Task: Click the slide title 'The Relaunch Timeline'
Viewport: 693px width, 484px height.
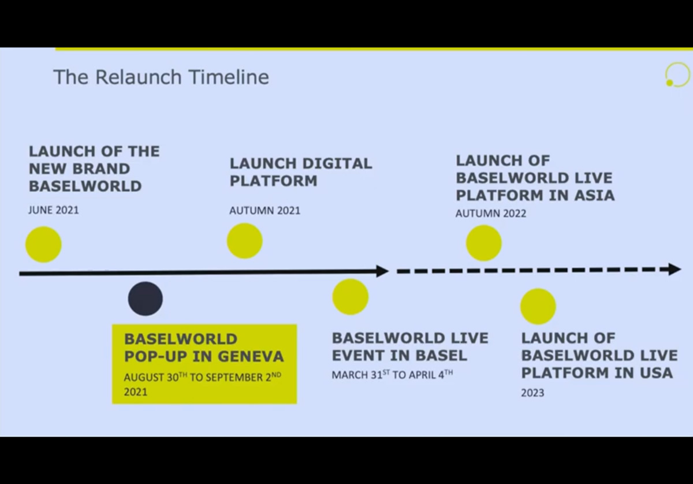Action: [x=161, y=77]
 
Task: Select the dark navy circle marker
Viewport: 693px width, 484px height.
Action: [x=146, y=299]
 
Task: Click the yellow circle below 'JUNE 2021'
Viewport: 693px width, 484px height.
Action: [x=43, y=244]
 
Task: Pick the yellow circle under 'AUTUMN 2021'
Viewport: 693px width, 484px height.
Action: [x=245, y=241]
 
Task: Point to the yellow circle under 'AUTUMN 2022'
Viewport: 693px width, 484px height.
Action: [x=484, y=243]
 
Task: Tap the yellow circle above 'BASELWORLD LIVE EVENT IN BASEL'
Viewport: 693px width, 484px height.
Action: [x=351, y=297]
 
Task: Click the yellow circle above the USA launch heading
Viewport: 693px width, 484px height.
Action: [x=538, y=306]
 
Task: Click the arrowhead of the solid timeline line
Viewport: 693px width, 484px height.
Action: [x=383, y=271]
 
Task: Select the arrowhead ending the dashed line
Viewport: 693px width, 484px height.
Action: [x=675, y=269]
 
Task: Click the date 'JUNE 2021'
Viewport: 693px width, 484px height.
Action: [x=54, y=210]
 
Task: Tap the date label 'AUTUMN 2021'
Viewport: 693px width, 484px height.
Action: [x=265, y=211]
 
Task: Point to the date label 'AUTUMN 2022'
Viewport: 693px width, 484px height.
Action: [x=491, y=214]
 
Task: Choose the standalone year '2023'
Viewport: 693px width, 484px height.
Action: [x=532, y=393]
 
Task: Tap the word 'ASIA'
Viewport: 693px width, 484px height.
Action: [x=595, y=195]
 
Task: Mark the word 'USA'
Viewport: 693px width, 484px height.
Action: [x=657, y=373]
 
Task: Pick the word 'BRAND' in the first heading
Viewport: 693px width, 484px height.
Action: [x=102, y=169]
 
